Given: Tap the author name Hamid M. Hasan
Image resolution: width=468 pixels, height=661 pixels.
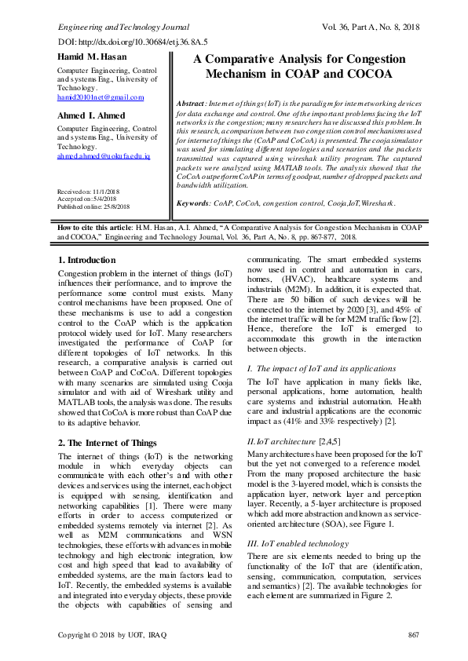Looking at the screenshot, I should coord(92,57).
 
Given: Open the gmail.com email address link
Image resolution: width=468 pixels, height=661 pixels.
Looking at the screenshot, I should coord(101,97).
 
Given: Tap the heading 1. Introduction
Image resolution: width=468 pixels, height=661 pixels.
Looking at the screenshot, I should coord(87,260).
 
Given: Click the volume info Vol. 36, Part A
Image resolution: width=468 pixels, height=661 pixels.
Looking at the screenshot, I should coord(372,26).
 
